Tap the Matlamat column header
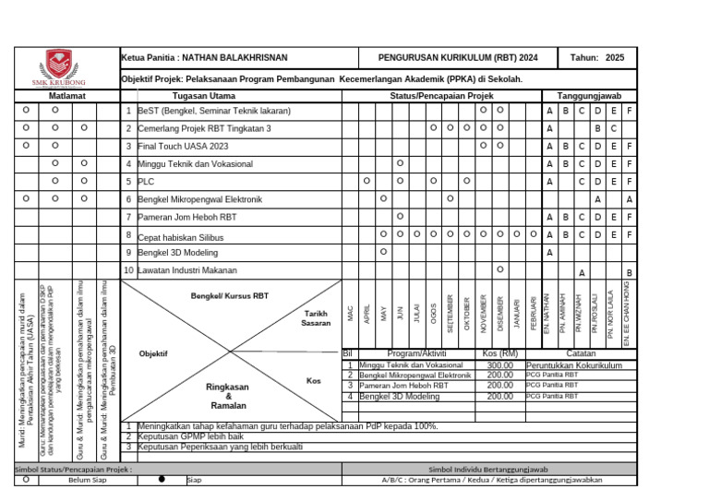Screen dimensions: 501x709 [x=67, y=96]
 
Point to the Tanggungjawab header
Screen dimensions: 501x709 [x=588, y=96]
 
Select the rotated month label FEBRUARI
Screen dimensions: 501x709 [x=533, y=314]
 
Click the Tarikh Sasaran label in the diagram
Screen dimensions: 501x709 [x=316, y=319]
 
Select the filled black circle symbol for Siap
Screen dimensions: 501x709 [x=162, y=480]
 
